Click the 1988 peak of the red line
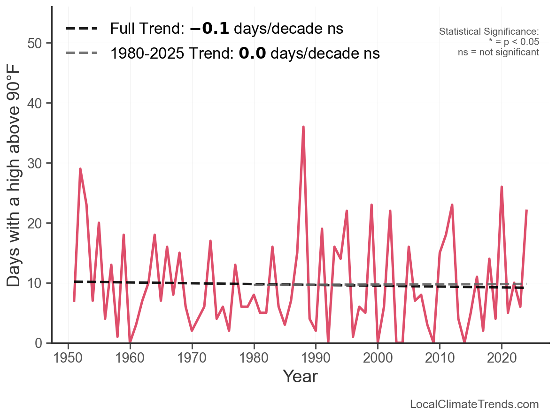tap(303, 127)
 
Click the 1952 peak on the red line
tap(80, 169)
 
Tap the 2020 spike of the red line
tap(502, 187)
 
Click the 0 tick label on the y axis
tap(37, 343)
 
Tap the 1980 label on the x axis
tap(254, 358)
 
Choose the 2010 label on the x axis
tap(440, 358)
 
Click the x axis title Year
tap(300, 377)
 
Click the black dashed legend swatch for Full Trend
tap(81, 29)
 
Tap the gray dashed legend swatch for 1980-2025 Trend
tap(81, 53)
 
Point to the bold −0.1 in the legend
tap(209, 29)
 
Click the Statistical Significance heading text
tap(489, 32)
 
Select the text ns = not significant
tap(498, 52)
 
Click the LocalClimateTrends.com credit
tap(474, 404)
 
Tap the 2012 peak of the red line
tap(452, 205)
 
